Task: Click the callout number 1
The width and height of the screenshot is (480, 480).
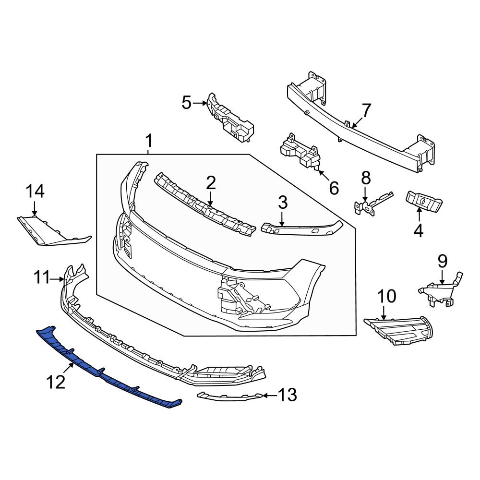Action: tap(149, 142)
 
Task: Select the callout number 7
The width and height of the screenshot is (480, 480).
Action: tap(366, 111)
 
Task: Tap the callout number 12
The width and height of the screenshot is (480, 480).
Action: tap(55, 383)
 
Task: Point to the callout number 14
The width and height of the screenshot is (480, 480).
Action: tap(35, 192)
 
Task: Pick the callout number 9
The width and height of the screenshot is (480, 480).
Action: tap(442, 262)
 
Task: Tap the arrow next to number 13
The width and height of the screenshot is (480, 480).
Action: tap(270, 396)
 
